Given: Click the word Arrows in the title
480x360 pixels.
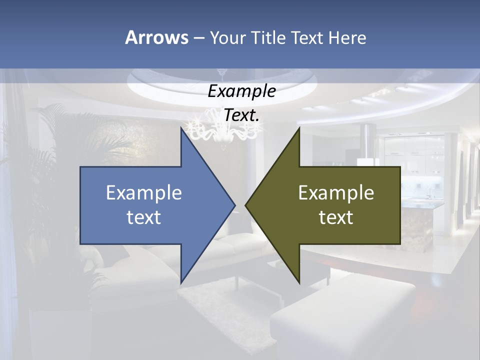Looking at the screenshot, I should [156, 37].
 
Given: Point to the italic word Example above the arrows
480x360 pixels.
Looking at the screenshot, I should [241, 91].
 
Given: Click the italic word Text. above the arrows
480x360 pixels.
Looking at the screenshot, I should [241, 115].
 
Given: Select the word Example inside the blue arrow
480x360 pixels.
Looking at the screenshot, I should [144, 193].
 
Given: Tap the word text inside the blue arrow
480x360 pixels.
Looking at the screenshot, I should [144, 217].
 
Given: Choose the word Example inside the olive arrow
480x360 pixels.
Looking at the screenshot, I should [336, 193].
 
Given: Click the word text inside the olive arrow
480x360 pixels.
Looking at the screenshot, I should [336, 217].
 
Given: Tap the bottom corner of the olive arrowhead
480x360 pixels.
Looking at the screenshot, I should [299, 282].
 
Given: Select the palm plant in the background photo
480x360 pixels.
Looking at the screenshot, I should [55, 150].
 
